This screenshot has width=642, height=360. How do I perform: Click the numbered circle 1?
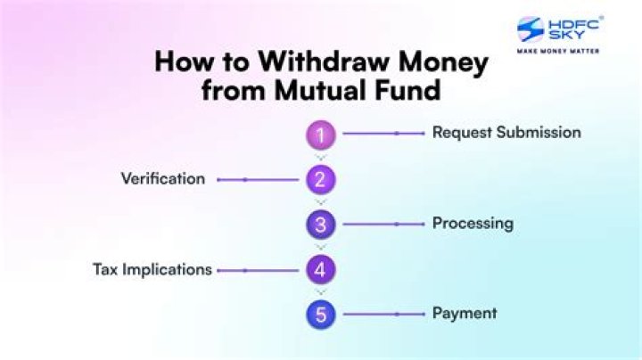point(321,135)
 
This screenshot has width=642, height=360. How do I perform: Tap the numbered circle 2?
point(321,180)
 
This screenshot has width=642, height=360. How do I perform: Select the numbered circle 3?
point(321,225)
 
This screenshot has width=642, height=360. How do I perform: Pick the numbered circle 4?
point(321,270)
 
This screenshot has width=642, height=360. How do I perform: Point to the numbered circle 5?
point(321,315)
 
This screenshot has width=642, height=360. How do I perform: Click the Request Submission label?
point(506,133)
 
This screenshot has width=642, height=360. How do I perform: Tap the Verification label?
point(163,179)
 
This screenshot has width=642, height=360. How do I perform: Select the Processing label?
point(473,224)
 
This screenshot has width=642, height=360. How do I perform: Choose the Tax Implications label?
point(152,270)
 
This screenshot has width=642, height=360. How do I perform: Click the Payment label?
point(465,314)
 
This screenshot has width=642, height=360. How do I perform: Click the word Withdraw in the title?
point(325,61)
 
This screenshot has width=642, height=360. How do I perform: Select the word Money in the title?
point(443,63)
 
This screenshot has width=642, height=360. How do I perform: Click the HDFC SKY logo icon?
point(531,29)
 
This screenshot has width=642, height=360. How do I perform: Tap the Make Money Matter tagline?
point(558,51)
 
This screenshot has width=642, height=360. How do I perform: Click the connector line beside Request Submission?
point(383,134)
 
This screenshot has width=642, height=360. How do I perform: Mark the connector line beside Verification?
point(258,180)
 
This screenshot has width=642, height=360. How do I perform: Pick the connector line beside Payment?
point(383,315)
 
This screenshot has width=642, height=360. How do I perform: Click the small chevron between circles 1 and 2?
point(321,158)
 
